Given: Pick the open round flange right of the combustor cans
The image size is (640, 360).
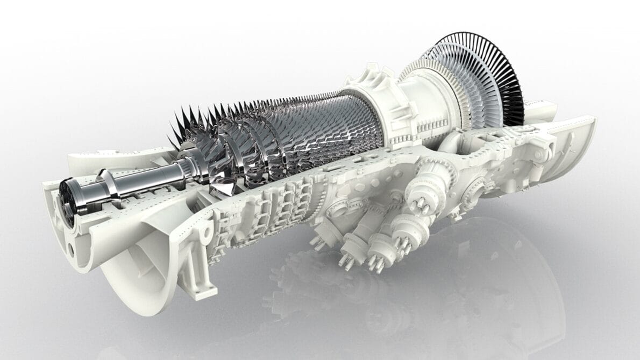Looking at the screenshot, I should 473,188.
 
